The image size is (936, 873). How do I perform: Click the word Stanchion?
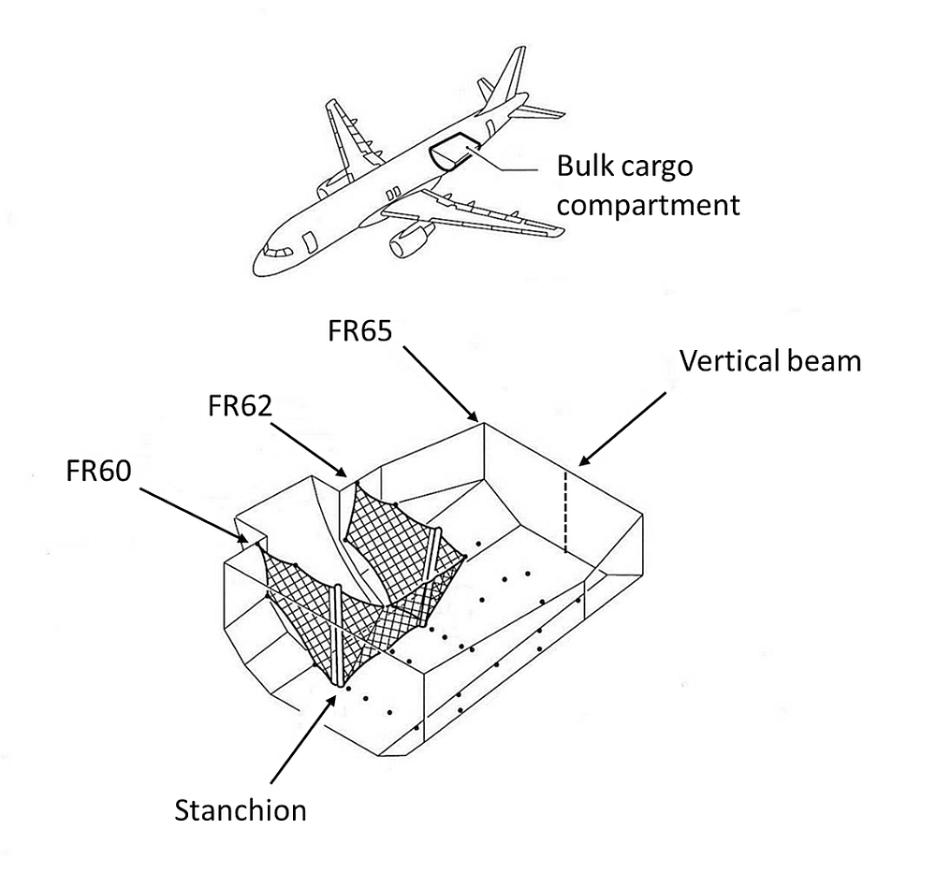(241, 809)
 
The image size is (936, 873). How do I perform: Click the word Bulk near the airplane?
(582, 167)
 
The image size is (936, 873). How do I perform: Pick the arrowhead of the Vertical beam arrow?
(581, 462)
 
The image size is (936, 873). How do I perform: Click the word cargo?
(661, 167)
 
